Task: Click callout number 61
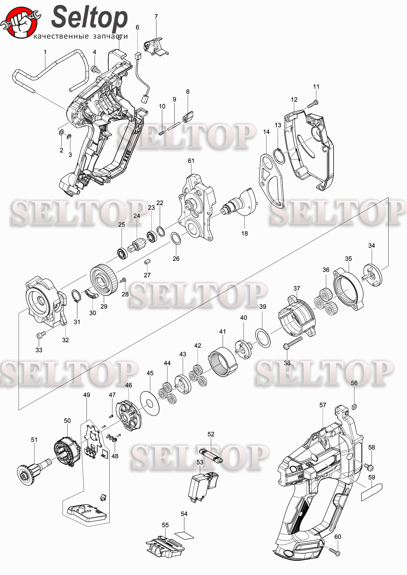tap(191, 161)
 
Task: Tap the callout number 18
tap(244, 233)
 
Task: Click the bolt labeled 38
tap(292, 343)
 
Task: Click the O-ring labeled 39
tap(263, 338)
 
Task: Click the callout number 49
tap(87, 395)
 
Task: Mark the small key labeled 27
tap(147, 262)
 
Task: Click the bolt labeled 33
tap(41, 335)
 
